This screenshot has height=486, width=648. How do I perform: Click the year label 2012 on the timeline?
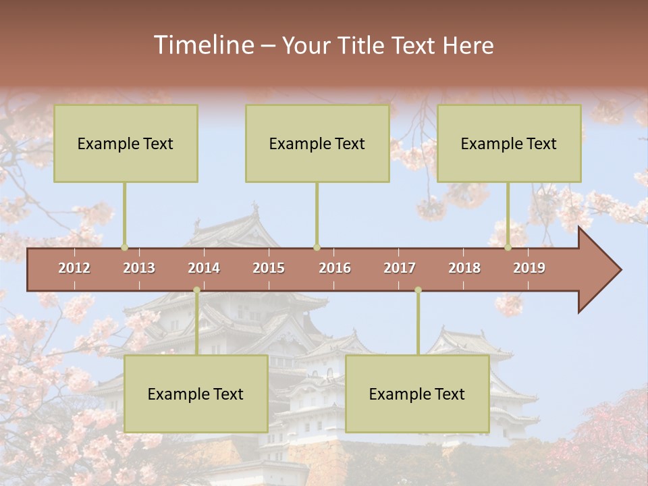[74, 268]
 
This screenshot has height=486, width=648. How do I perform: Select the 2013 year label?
[139, 268]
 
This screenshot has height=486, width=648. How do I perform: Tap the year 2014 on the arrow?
[204, 268]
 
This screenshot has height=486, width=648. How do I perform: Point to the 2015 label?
[269, 268]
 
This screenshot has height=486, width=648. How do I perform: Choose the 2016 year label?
[335, 268]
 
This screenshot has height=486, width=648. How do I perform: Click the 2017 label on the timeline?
[400, 268]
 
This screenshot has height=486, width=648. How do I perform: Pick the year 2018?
[464, 268]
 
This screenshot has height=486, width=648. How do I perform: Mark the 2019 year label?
[529, 268]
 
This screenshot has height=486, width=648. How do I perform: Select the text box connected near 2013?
[126, 143]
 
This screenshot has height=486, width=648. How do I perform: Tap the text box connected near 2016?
[317, 143]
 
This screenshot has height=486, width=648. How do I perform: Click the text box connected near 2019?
[509, 143]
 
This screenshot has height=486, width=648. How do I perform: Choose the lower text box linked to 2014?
[196, 394]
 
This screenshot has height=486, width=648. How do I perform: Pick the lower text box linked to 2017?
[417, 394]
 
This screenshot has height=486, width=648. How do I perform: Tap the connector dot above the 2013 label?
[124, 248]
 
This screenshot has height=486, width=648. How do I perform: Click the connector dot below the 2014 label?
[196, 290]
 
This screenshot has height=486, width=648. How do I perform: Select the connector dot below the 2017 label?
[418, 290]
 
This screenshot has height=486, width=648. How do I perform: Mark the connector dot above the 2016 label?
[317, 248]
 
